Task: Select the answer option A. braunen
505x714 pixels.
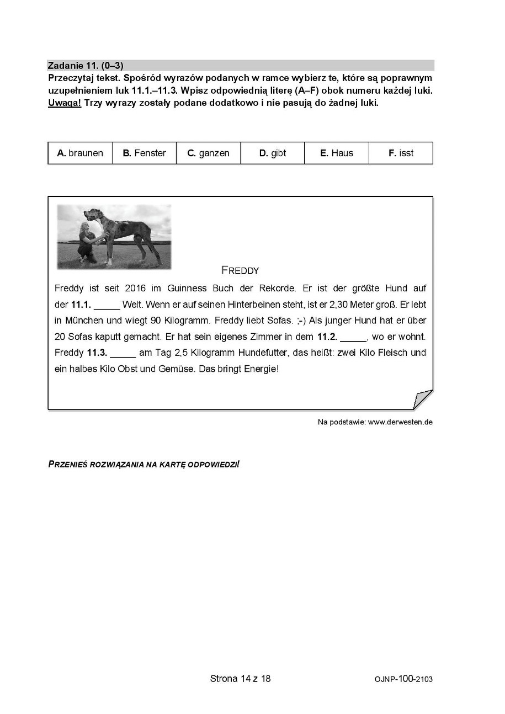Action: click(80, 153)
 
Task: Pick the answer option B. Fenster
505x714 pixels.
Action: click(144, 153)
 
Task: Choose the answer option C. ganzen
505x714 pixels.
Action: click(208, 153)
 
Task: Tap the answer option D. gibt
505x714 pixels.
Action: click(273, 153)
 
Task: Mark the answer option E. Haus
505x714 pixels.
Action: click(337, 153)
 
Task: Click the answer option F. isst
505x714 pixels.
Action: click(401, 153)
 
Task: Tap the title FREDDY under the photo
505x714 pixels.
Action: click(240, 270)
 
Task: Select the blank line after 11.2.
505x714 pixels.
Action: click(353, 337)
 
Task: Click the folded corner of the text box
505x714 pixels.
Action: click(423, 399)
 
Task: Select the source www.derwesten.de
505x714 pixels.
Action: click(400, 422)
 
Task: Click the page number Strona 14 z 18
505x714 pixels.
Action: click(240, 678)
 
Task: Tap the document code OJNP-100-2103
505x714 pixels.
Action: click(403, 679)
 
